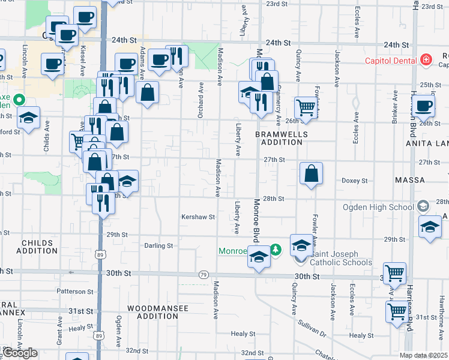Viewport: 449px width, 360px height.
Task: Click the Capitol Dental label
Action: (x=392, y=60)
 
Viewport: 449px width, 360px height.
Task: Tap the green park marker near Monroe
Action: (x=276, y=248)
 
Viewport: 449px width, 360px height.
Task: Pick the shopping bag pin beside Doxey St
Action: (x=311, y=174)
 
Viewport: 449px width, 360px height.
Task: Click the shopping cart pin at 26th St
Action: (x=306, y=108)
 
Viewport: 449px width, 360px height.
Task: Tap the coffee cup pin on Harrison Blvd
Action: (x=423, y=106)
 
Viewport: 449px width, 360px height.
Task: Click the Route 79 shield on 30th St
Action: (x=203, y=274)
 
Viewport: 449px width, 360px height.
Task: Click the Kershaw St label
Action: (x=198, y=217)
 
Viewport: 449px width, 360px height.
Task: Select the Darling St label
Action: (x=158, y=245)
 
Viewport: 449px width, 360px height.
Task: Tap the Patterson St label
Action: (x=76, y=291)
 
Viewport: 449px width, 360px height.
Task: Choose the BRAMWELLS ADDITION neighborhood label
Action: (x=281, y=138)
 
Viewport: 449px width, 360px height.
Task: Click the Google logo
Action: (x=20, y=353)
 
